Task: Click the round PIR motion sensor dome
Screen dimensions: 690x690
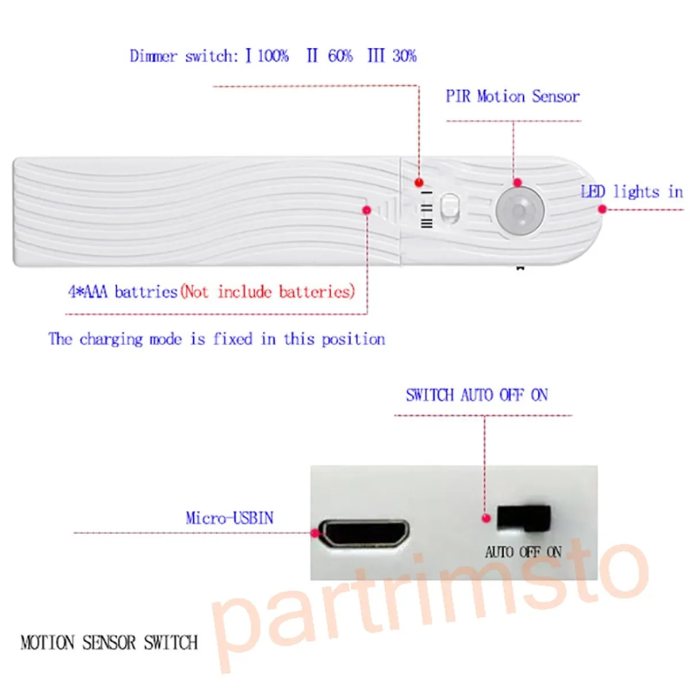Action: (x=520, y=210)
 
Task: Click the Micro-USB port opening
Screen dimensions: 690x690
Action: (x=365, y=533)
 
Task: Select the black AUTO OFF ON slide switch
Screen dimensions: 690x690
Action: (x=523, y=517)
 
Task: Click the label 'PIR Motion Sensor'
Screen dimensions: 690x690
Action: (x=512, y=96)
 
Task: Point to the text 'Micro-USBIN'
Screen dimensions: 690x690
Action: (x=229, y=518)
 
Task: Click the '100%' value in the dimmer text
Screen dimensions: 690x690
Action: (x=273, y=56)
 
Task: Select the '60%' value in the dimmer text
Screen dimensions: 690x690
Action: (x=340, y=56)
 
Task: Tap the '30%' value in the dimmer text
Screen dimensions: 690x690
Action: (x=404, y=56)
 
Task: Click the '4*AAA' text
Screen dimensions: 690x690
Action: (x=87, y=292)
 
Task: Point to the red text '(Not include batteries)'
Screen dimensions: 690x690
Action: (x=268, y=292)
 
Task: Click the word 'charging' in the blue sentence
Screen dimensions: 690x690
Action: (x=111, y=339)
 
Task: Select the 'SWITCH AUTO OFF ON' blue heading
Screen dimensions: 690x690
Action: (x=477, y=395)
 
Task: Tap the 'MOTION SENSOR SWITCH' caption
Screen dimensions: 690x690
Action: (x=109, y=642)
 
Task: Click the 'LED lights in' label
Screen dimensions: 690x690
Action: (x=631, y=191)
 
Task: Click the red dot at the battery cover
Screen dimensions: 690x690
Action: (x=367, y=210)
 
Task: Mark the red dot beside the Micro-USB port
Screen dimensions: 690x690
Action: (x=315, y=533)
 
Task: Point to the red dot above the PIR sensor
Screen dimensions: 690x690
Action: (x=517, y=183)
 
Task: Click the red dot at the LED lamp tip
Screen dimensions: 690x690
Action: (x=602, y=209)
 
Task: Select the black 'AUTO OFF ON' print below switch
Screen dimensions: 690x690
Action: (x=523, y=552)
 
